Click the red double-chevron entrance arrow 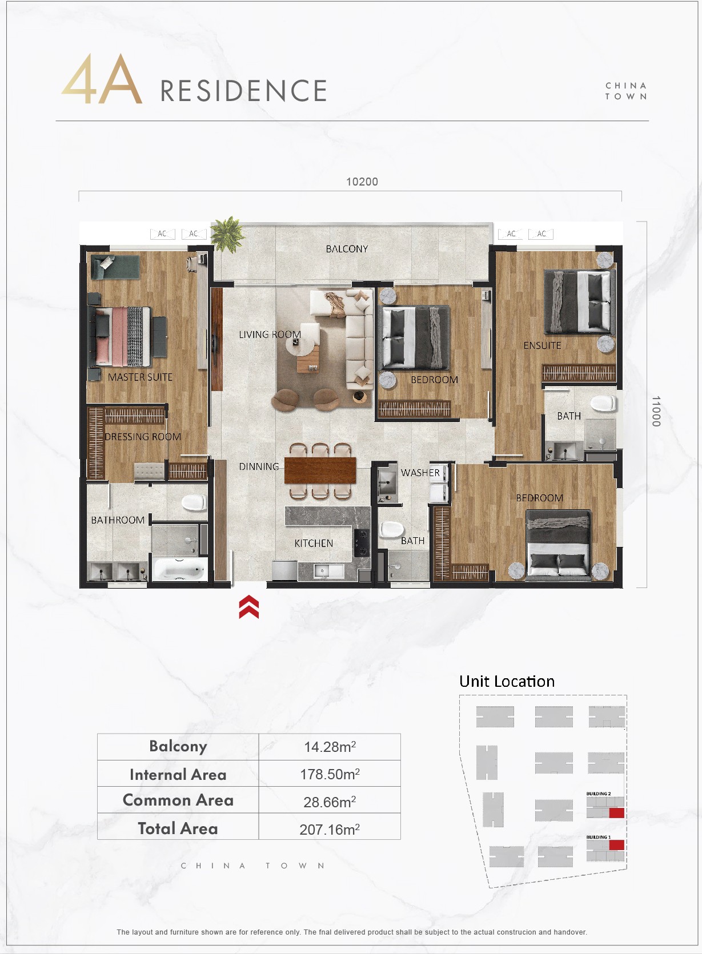point(249,607)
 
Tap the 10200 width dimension point(362,182)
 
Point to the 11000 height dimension point(656,411)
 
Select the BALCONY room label point(347,249)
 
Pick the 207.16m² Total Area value point(330,829)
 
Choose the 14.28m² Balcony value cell point(330,747)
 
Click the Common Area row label point(178,800)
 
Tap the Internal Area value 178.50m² point(330,774)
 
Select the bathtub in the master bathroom point(180,569)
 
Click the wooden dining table point(320,470)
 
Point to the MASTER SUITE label point(140,377)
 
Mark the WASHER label point(420,473)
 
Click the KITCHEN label point(314,543)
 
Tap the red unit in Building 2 point(616,813)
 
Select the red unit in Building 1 point(617,845)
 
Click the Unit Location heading point(507,681)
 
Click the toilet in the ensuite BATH point(603,404)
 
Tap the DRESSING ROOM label point(143,437)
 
